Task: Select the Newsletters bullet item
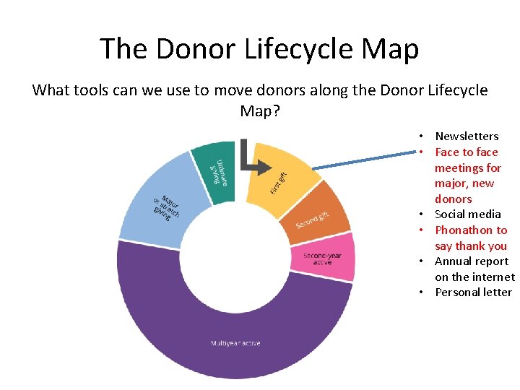pyautogui.click(x=467, y=136)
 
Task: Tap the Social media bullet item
pyautogui.click(x=467, y=214)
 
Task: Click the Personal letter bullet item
pyautogui.click(x=473, y=292)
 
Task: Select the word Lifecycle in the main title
pyautogui.click(x=294, y=49)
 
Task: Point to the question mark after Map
pyautogui.click(x=276, y=111)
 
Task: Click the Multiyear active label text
pyautogui.click(x=235, y=342)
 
